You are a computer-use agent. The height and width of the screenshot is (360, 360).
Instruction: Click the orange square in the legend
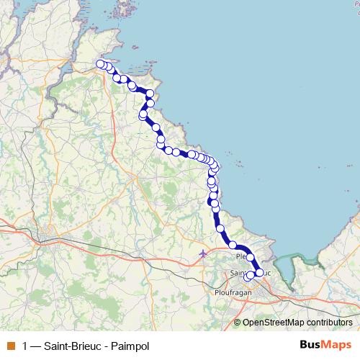[x=10, y=346]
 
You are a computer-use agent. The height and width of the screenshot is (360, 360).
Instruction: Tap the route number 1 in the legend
[x=25, y=346]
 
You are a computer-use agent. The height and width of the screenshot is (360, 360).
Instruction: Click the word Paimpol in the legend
[x=130, y=346]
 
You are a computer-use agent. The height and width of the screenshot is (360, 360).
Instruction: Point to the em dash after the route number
[x=36, y=346]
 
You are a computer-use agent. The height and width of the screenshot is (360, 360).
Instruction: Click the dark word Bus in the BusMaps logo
[x=311, y=346]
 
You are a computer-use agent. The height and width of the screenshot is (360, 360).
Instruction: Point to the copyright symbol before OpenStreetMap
[x=238, y=323]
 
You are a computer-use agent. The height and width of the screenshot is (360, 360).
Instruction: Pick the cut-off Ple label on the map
[x=240, y=256]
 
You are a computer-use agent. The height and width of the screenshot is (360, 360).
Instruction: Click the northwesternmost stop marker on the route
[x=100, y=64]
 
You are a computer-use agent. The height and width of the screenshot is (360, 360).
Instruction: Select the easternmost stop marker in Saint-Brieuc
[x=260, y=273]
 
